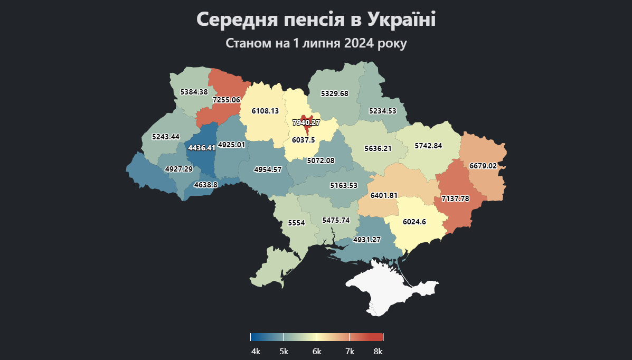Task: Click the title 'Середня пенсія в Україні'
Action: (316, 20)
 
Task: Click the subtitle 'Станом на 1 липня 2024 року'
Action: (316, 43)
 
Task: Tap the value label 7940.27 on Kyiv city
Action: (306, 122)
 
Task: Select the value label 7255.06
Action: (226, 100)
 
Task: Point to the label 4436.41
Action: (202, 148)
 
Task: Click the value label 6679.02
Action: (483, 166)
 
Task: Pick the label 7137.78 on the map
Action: (455, 198)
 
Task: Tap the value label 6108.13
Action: (265, 111)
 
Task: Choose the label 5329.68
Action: (335, 93)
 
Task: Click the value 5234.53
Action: (382, 111)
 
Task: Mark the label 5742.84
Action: (428, 146)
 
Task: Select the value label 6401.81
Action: (384, 195)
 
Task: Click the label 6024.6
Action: (414, 222)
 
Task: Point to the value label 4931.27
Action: (367, 240)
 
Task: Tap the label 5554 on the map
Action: (296, 223)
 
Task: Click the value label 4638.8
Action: (206, 185)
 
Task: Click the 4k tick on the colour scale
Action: (256, 352)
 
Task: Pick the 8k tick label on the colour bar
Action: (378, 352)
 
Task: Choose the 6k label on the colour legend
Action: (317, 352)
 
